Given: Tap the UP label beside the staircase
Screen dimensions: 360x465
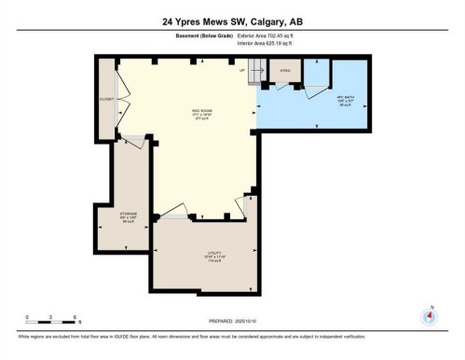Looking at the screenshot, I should pyautogui.click(x=242, y=70).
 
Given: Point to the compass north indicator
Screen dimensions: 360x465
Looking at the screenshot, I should pyautogui.click(x=430, y=314).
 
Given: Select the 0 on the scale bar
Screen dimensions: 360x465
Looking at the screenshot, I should pyautogui.click(x=28, y=317).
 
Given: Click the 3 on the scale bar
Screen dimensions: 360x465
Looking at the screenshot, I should pyautogui.click(x=53, y=317).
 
